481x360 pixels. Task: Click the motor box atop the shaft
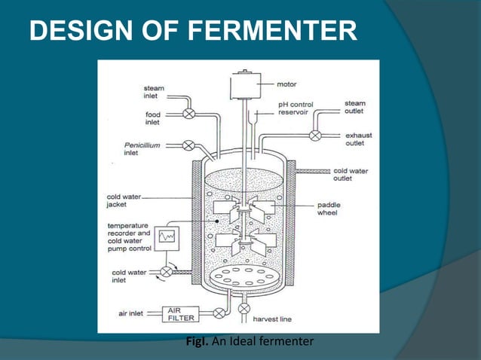pos(244,84)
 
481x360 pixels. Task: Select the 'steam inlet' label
pos(154,93)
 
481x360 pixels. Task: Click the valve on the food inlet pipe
pos(188,114)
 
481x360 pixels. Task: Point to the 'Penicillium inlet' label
pos(142,148)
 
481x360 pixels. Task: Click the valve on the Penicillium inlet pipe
pos(188,145)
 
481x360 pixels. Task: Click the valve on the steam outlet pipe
pos(315,136)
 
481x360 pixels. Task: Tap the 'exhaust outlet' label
pos(359,139)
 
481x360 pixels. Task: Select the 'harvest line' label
pos(274,319)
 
